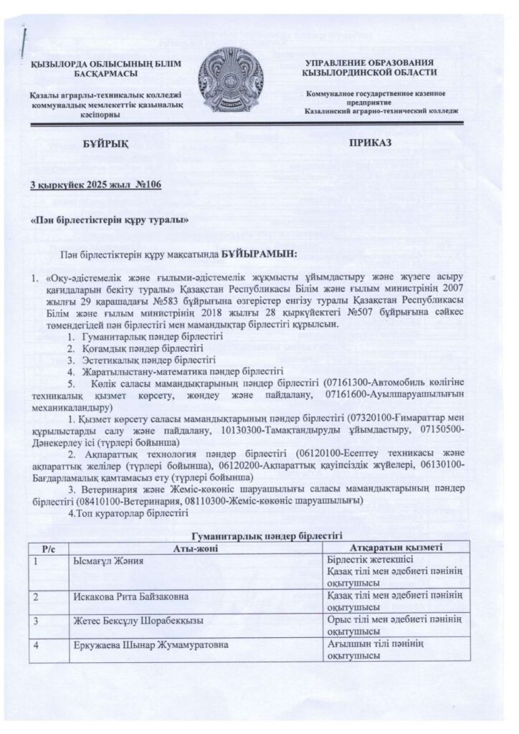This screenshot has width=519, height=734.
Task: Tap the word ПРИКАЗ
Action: point(371,143)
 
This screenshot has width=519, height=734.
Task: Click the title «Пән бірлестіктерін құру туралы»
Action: point(110,219)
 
